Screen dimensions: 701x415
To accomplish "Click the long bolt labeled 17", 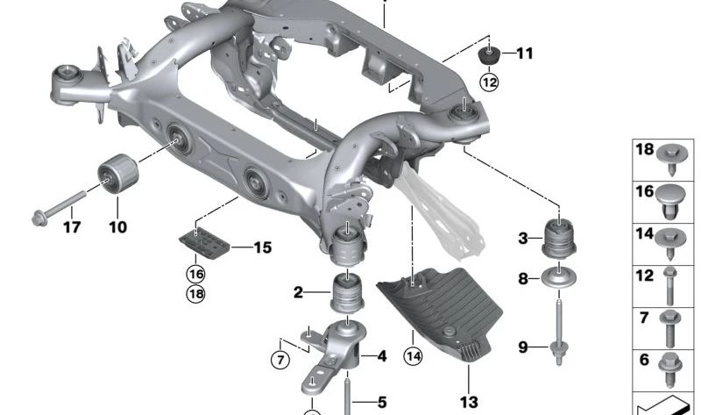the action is coord(59,207).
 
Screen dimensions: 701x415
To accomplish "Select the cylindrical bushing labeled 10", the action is coord(118,173).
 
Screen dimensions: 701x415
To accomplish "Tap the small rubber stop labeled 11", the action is coord(490,55).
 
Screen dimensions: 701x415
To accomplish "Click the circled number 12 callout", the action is coord(489,82).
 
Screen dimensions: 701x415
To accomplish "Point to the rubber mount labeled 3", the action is coord(559,237).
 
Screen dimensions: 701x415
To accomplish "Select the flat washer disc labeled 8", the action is coord(559,277).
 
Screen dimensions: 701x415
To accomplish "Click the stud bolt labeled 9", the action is coord(559,333).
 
